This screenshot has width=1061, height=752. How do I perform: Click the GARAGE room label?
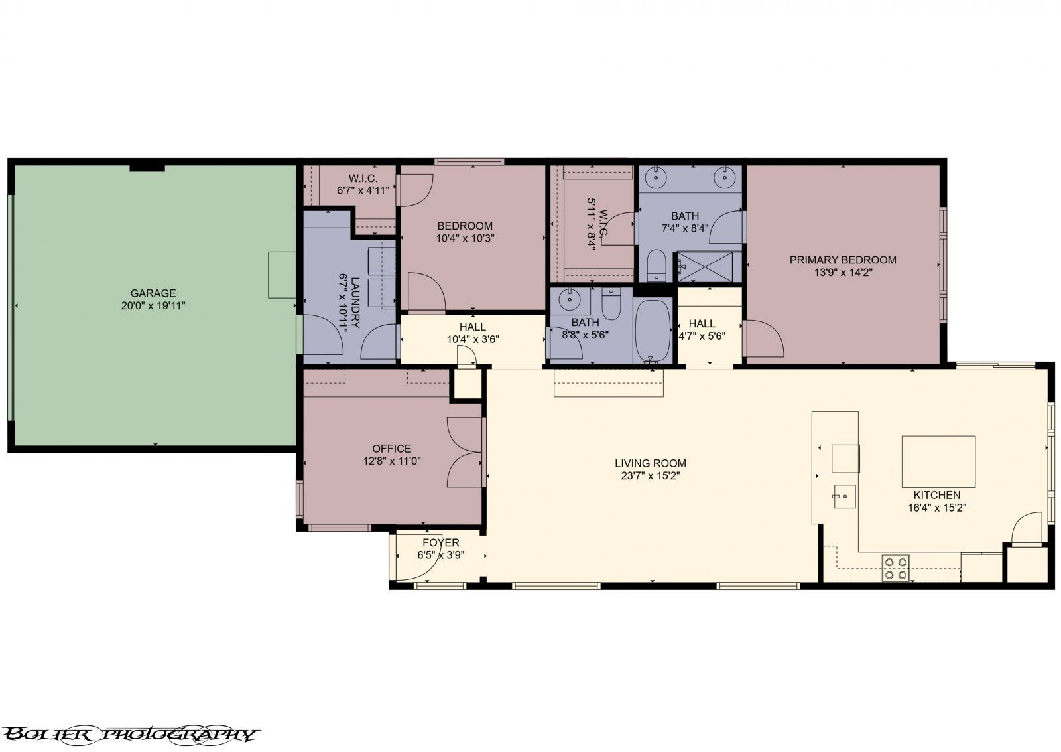click(x=153, y=293)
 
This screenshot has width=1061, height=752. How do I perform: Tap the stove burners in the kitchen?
click(x=896, y=569)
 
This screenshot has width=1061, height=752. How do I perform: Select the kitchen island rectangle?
click(x=938, y=462)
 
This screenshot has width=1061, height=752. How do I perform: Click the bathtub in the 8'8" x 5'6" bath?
click(x=653, y=330)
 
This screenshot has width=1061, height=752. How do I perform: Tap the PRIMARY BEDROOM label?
click(x=842, y=260)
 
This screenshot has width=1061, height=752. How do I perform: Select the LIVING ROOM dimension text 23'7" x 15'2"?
click(x=650, y=475)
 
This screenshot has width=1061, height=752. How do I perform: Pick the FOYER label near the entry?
click(x=440, y=543)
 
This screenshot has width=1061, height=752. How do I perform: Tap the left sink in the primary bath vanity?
click(x=656, y=177)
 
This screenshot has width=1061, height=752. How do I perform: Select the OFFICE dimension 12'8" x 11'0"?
click(x=392, y=461)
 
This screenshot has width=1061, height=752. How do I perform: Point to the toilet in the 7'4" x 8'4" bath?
click(x=656, y=265)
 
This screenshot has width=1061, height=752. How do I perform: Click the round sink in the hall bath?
click(x=568, y=300)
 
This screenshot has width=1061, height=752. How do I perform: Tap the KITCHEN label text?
click(x=936, y=495)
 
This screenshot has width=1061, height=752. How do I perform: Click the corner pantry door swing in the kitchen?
click(x=1026, y=528)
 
